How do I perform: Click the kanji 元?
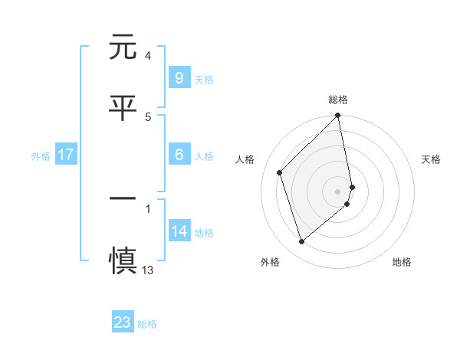[x=123, y=47]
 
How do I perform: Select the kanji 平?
[x=123, y=107]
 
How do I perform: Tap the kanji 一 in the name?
[x=123, y=199]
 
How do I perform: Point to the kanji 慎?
[x=123, y=259]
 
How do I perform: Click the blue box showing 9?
[x=179, y=77]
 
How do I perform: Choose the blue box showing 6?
[x=179, y=155]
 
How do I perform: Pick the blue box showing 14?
[x=179, y=231]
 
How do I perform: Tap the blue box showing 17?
[x=66, y=155]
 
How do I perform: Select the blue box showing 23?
[x=123, y=322]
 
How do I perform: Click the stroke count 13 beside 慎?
[x=148, y=270]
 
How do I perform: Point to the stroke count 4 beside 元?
[x=147, y=56]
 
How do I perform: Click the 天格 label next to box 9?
[x=204, y=79]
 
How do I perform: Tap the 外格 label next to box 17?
[x=41, y=156]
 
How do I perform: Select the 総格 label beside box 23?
[x=148, y=324]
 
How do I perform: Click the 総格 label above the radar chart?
[x=338, y=100]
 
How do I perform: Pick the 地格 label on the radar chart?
[x=402, y=262]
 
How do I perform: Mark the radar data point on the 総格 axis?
[x=338, y=116]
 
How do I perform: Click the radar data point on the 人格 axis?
[x=280, y=172]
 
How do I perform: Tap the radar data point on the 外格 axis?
[x=301, y=242]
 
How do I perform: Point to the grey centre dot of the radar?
[x=338, y=191]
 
